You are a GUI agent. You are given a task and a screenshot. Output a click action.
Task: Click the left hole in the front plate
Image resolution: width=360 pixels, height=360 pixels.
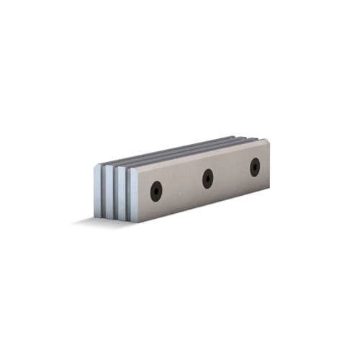tap(156, 191)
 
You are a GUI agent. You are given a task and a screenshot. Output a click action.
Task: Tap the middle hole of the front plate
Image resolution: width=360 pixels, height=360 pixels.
tap(207, 178)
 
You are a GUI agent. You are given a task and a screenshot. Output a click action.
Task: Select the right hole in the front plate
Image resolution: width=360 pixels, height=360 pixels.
tap(255, 166)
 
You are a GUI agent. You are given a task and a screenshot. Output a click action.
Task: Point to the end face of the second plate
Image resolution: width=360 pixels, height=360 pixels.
tap(121, 193)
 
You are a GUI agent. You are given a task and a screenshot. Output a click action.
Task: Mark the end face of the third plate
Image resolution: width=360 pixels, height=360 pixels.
tap(109, 191)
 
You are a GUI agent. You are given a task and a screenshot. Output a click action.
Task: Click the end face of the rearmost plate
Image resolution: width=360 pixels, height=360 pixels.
tap(98, 190)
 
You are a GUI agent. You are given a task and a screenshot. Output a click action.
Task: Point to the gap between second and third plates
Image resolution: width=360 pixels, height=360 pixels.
tap(115, 193)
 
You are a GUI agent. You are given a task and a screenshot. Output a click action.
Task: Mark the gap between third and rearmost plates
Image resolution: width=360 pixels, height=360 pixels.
tap(104, 191)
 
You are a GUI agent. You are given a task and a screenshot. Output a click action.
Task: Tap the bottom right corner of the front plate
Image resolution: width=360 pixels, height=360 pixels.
tap(269, 188)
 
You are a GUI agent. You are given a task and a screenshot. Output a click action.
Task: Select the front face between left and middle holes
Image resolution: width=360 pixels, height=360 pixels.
tap(181, 185)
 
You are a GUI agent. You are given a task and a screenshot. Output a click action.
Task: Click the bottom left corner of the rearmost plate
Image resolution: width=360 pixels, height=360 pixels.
tap(95, 215)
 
